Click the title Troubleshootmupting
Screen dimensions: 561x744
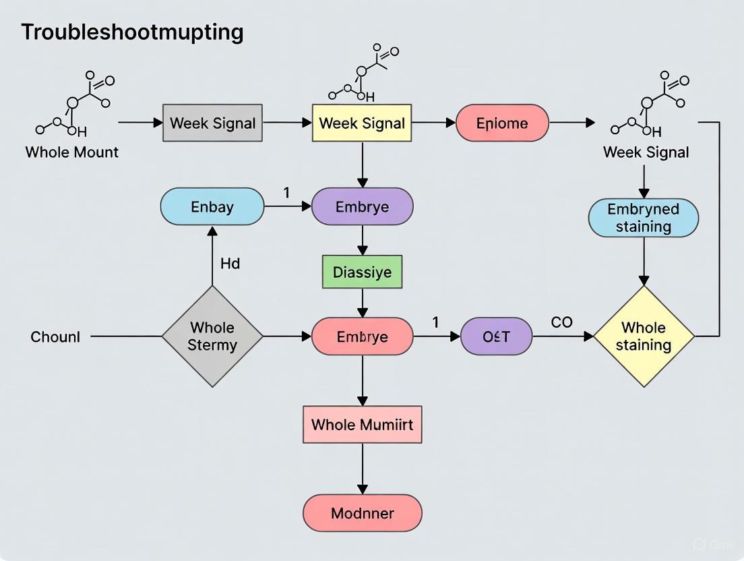tap(132, 32)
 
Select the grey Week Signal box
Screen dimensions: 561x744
tap(212, 123)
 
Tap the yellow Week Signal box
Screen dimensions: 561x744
tap(362, 123)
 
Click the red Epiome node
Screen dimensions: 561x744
tap(502, 123)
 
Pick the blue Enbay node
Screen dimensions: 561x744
tap(212, 206)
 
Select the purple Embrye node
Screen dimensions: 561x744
tap(362, 206)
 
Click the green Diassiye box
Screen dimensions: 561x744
tap(362, 272)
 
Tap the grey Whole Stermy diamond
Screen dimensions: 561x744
tap(212, 336)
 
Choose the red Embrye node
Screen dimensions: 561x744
tap(362, 336)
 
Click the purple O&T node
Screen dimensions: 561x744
tap(496, 336)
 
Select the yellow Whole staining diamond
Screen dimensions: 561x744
tap(644, 336)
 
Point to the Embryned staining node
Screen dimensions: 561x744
tap(644, 218)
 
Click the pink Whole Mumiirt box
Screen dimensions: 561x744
tap(362, 425)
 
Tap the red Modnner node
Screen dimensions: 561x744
tap(362, 513)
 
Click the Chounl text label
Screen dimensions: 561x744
tap(55, 336)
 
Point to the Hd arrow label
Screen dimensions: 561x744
tap(230, 263)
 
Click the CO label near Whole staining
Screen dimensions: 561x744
tap(561, 322)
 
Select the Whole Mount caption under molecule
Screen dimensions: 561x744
tap(71, 152)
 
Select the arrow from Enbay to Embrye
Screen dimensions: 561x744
tap(288, 206)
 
